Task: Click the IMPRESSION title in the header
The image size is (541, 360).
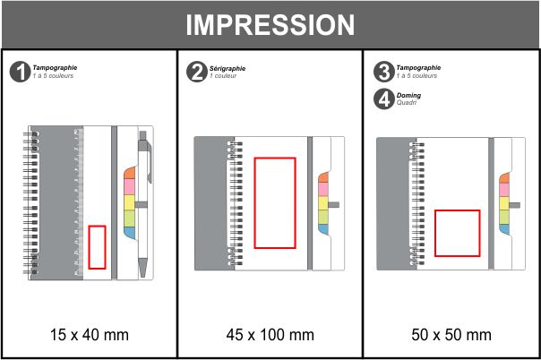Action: point(270,25)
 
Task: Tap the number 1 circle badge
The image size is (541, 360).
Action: point(20,72)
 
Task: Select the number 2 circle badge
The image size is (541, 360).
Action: point(197,72)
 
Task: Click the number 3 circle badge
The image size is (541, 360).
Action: point(383,72)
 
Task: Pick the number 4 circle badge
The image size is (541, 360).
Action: point(383,99)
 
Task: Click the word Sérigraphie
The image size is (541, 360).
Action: point(228,69)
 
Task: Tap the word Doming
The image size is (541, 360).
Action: point(408,96)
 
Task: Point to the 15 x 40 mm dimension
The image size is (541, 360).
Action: point(90,335)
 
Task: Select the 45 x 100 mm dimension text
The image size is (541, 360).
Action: point(270,335)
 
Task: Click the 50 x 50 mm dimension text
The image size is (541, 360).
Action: point(451,335)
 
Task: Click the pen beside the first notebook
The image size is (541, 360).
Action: point(144,204)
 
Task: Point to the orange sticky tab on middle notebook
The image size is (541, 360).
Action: point(323,177)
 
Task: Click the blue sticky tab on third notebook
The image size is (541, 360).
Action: point(504,229)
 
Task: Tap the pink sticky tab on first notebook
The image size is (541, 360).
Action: point(129,186)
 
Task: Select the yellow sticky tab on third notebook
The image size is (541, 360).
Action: point(504,203)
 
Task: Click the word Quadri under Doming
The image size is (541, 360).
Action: point(406,103)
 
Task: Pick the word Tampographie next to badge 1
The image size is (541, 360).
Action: point(55,68)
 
